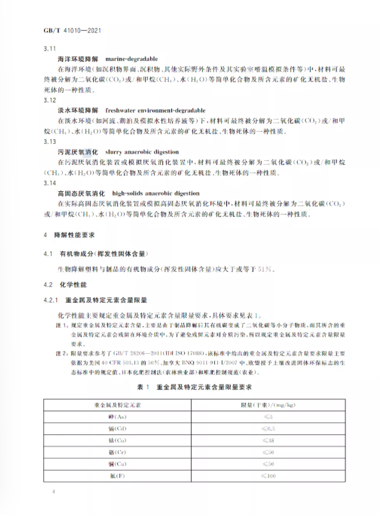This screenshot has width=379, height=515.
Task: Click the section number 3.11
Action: point(49,49)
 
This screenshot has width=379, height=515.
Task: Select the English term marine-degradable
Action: point(131,59)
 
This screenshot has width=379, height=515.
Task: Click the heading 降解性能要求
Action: point(74,235)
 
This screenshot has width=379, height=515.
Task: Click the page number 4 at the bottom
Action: point(53,492)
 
